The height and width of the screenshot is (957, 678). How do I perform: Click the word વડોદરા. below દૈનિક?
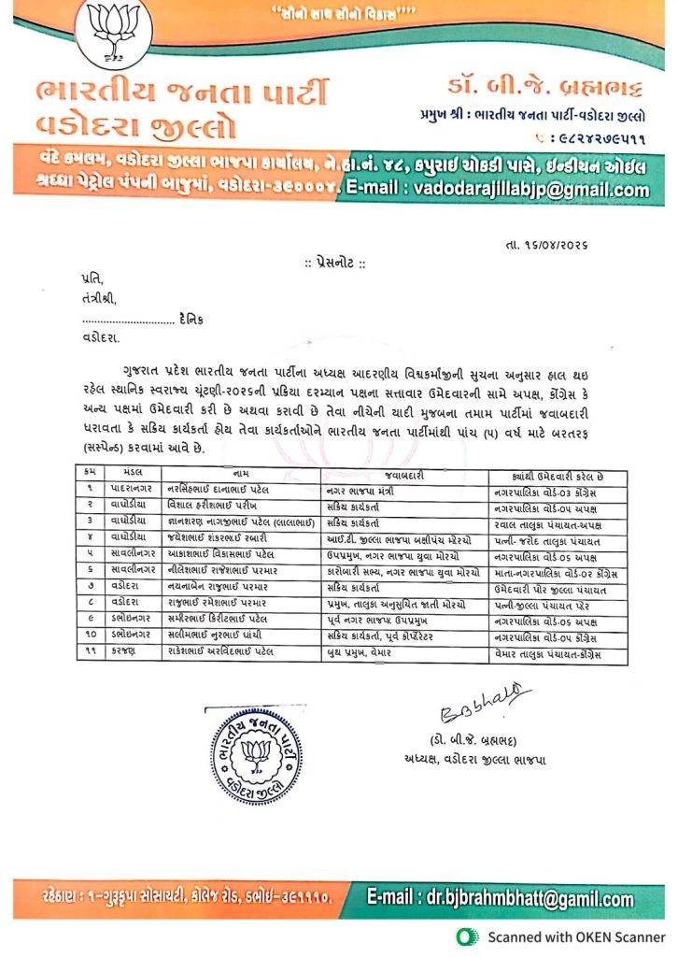tap(101, 336)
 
